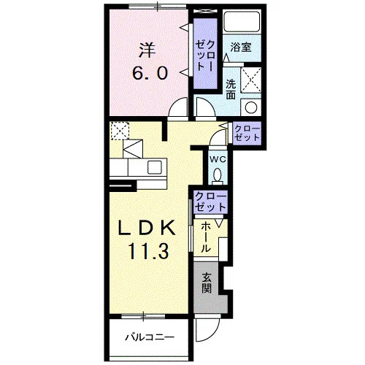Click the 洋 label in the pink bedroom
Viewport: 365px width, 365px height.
pyautogui.click(x=147, y=50)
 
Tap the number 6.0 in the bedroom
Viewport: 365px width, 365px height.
pyautogui.click(x=150, y=73)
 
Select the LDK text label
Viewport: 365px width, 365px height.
pyautogui.click(x=147, y=228)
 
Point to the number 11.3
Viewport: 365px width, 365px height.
pyautogui.click(x=148, y=251)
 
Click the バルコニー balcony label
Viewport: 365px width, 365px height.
pyautogui.click(x=150, y=337)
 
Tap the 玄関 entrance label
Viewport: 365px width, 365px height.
pyautogui.click(x=207, y=283)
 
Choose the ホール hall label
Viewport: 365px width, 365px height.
pyautogui.click(x=206, y=238)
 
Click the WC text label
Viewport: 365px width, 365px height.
pyautogui.click(x=218, y=160)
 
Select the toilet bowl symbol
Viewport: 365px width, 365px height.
pyautogui.click(x=217, y=174)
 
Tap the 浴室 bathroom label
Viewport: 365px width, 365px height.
pyautogui.click(x=241, y=47)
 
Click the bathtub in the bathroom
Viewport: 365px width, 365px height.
pyautogui.click(x=242, y=21)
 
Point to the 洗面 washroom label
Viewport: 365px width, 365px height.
pyautogui.click(x=231, y=89)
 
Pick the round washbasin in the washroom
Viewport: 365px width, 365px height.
pyautogui.click(x=251, y=107)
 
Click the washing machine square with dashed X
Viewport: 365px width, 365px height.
pyautogui.click(x=251, y=80)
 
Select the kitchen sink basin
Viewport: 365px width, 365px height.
pyautogui.click(x=155, y=167)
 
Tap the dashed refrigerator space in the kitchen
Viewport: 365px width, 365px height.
pyautogui.click(x=120, y=131)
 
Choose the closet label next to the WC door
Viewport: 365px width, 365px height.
pyautogui.click(x=247, y=134)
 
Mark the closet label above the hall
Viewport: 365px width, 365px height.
pyautogui.click(x=211, y=201)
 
